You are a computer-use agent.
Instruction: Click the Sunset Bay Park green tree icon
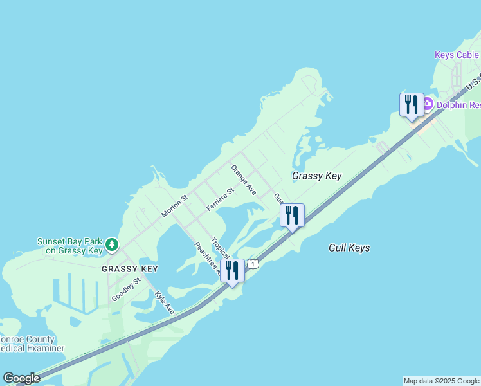(x=112, y=244)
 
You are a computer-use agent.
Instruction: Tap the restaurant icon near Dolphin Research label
(x=412, y=105)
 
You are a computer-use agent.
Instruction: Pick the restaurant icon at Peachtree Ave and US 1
(x=232, y=271)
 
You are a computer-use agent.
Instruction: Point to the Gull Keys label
(x=349, y=248)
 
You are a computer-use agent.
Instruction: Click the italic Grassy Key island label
(x=316, y=176)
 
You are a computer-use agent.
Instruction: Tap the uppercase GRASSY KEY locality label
(x=129, y=268)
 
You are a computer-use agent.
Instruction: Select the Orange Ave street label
(x=244, y=179)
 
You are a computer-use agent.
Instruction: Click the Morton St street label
(x=174, y=206)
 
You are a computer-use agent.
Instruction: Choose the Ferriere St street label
(x=220, y=199)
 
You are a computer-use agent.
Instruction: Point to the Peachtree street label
(x=206, y=257)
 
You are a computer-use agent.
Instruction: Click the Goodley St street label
(x=126, y=289)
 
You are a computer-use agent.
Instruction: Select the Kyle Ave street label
(x=165, y=302)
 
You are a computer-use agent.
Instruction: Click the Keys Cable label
(x=457, y=55)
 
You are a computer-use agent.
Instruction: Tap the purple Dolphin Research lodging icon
(x=428, y=104)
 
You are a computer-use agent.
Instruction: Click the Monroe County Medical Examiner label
(x=32, y=344)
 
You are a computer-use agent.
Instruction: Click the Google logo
(x=21, y=378)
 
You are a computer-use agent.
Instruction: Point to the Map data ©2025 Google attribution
(x=442, y=381)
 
